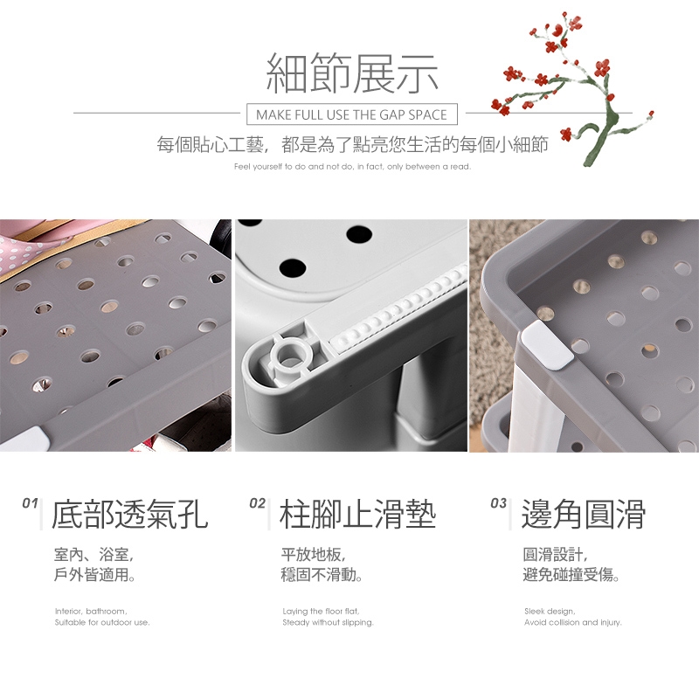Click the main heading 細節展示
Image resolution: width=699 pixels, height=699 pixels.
(x=352, y=73)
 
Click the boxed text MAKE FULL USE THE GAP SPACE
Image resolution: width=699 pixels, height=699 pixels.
(x=352, y=114)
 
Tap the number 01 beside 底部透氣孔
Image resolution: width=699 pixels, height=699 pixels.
(x=30, y=503)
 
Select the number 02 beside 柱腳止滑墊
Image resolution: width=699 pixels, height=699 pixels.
(x=257, y=503)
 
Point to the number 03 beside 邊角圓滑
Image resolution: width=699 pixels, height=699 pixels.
(x=498, y=503)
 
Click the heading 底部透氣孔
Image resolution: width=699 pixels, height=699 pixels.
(x=129, y=515)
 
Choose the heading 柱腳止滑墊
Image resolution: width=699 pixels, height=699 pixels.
(x=357, y=515)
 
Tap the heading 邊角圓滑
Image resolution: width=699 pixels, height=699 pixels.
(x=584, y=515)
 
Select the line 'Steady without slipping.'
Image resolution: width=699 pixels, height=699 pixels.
(x=329, y=622)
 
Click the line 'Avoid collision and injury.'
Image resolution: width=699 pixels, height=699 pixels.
(x=573, y=622)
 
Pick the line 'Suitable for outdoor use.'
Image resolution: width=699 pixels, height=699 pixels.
(x=102, y=622)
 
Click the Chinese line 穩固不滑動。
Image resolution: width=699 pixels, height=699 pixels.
(x=322, y=575)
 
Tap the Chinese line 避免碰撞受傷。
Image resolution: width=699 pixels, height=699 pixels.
(x=572, y=575)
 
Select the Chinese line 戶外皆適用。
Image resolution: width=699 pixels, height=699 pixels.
(x=94, y=575)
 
